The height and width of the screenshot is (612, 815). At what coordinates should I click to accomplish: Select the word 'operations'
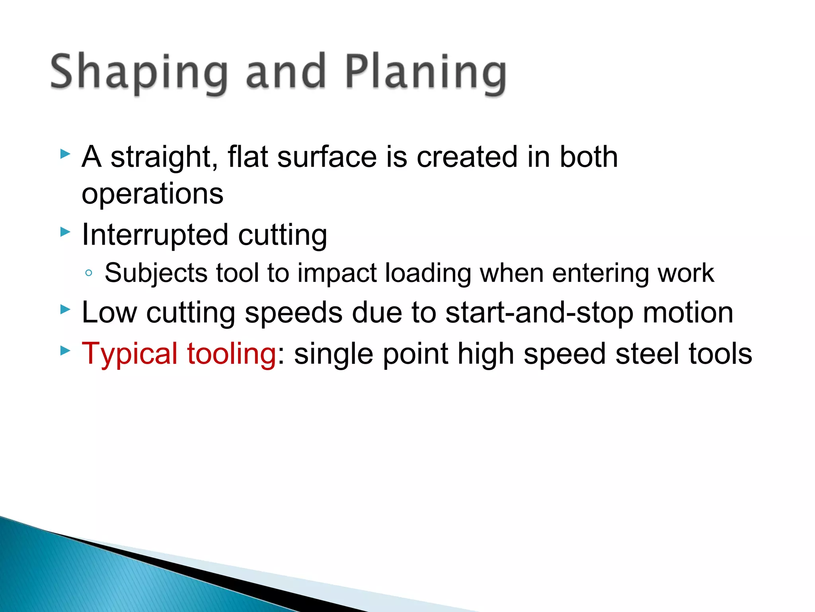[152, 194]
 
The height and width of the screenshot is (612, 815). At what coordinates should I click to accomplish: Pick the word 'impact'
[337, 273]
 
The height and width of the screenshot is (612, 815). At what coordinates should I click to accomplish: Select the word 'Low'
[109, 312]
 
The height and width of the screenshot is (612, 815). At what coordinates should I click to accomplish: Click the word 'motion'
[688, 312]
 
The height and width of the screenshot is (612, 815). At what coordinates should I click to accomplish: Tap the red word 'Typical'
[129, 354]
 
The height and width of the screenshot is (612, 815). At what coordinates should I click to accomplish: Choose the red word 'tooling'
[231, 354]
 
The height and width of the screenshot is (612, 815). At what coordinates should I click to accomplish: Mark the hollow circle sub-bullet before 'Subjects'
[89, 273]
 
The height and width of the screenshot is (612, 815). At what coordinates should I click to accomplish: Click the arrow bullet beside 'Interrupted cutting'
[65, 232]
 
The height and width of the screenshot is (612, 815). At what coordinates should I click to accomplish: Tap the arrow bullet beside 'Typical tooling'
[65, 351]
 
